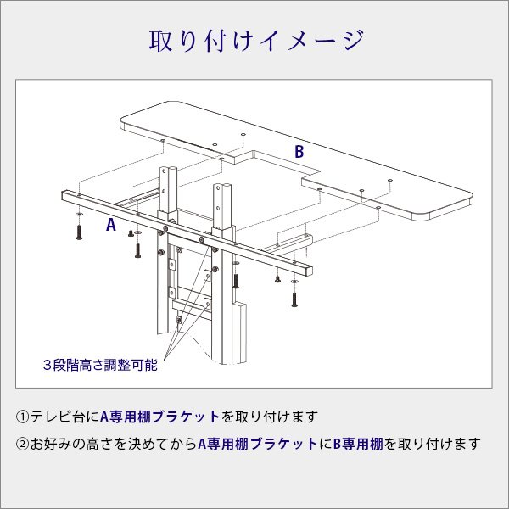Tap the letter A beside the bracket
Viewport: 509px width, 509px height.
109,226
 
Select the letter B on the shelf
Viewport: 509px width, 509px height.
299,152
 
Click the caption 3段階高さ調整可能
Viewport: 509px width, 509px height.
99,366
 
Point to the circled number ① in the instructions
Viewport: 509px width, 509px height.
23,417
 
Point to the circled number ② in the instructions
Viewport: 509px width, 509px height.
23,443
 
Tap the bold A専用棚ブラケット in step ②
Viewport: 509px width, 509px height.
258,443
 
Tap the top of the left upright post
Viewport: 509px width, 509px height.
168,168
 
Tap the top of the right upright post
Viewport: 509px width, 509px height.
222,187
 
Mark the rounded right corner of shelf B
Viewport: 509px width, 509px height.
465,202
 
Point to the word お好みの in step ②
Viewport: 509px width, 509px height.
58,443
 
